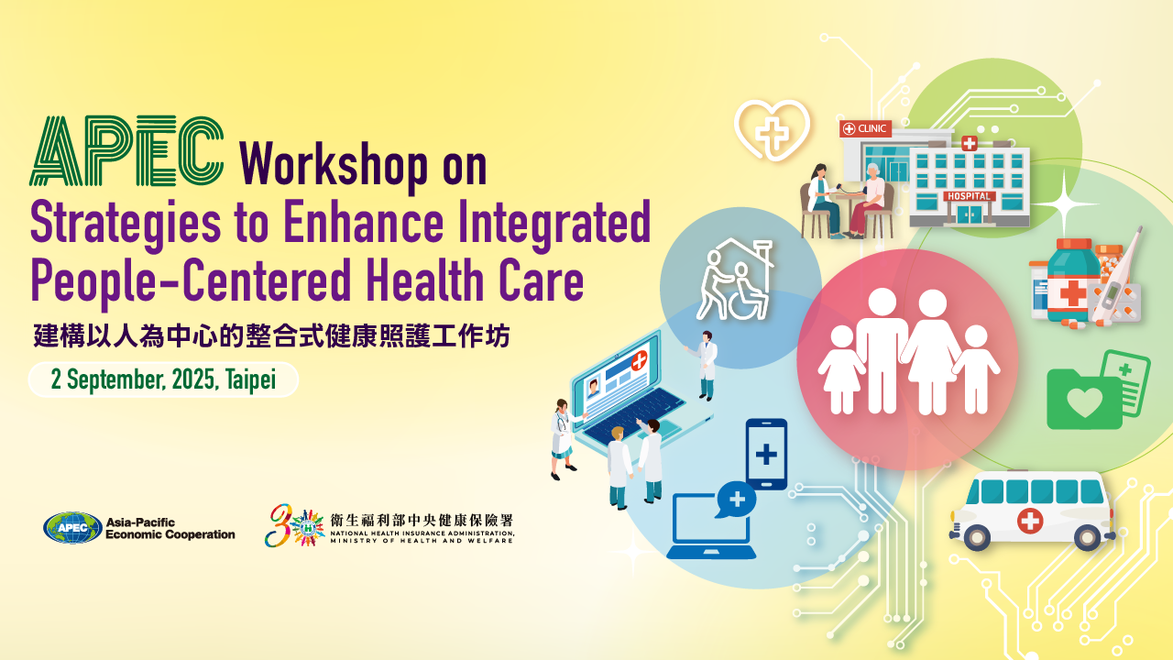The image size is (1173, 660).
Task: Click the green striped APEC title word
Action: (x=126, y=151)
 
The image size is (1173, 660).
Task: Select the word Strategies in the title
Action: (x=126, y=224)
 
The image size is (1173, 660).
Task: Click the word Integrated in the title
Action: (x=554, y=223)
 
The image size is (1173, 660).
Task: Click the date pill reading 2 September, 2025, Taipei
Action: (x=163, y=379)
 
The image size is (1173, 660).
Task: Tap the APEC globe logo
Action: (x=72, y=527)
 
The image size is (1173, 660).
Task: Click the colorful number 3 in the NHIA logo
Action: (x=279, y=525)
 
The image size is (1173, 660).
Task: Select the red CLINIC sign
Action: (x=865, y=128)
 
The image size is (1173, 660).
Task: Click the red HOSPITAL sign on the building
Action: (x=969, y=196)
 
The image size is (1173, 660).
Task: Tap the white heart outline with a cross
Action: (x=772, y=129)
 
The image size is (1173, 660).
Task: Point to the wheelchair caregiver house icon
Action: (x=735, y=280)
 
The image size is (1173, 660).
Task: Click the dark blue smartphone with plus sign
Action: (x=766, y=454)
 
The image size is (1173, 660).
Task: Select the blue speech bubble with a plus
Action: (x=736, y=500)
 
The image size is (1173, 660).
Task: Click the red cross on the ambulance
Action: (x=1029, y=521)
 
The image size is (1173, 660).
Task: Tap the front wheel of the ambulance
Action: (x=976, y=536)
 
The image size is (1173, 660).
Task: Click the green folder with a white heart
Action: (x=1083, y=399)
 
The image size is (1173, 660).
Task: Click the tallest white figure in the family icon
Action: (x=882, y=350)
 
